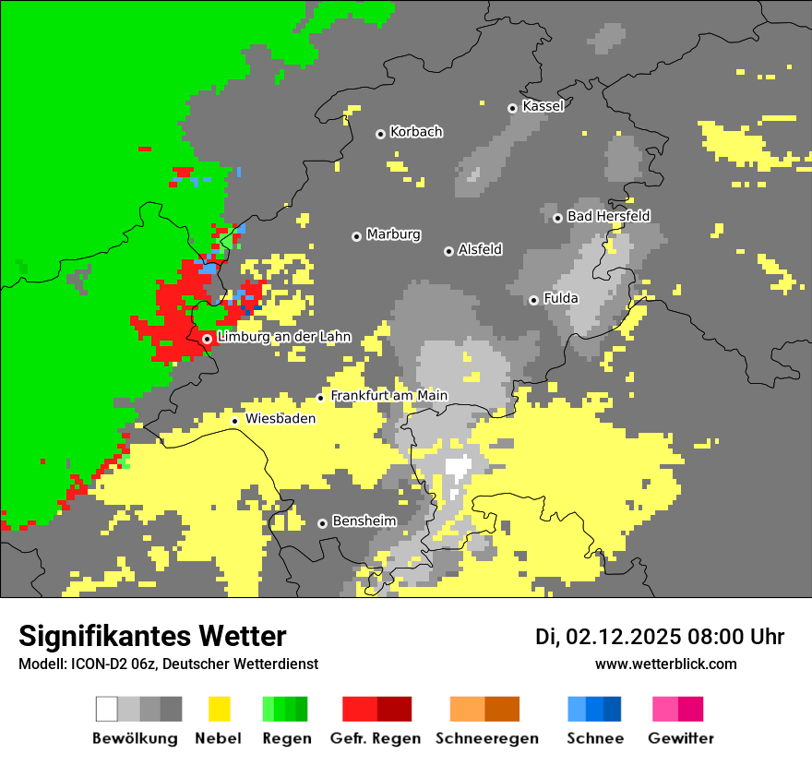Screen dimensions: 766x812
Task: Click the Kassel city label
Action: pyautogui.click(x=543, y=106)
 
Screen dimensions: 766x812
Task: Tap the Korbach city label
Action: pyautogui.click(x=416, y=132)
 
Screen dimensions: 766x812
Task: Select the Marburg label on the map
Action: pyautogui.click(x=393, y=234)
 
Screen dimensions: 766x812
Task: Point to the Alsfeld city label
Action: pyautogui.click(x=480, y=249)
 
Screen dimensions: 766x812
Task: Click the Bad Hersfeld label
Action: pyautogui.click(x=608, y=216)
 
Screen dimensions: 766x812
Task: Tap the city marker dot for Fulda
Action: pyautogui.click(x=533, y=300)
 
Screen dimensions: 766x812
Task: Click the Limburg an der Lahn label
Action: pyautogui.click(x=283, y=337)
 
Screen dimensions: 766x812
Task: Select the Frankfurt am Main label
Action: pyautogui.click(x=388, y=396)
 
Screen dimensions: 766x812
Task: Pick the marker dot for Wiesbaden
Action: pyautogui.click(x=235, y=421)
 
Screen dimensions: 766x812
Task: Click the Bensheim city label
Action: pyautogui.click(x=364, y=521)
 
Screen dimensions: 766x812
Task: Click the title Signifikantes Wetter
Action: pyautogui.click(x=152, y=636)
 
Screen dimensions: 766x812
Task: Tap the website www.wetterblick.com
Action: pyautogui.click(x=665, y=664)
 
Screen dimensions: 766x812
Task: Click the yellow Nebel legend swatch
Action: pyautogui.click(x=219, y=709)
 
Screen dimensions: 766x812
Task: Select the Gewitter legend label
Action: pyautogui.click(x=680, y=738)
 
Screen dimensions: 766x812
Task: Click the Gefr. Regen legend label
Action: pyautogui.click(x=376, y=738)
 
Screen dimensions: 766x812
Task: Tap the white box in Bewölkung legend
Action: pyautogui.click(x=107, y=709)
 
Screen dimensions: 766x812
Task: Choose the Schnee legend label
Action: pyautogui.click(x=595, y=738)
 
